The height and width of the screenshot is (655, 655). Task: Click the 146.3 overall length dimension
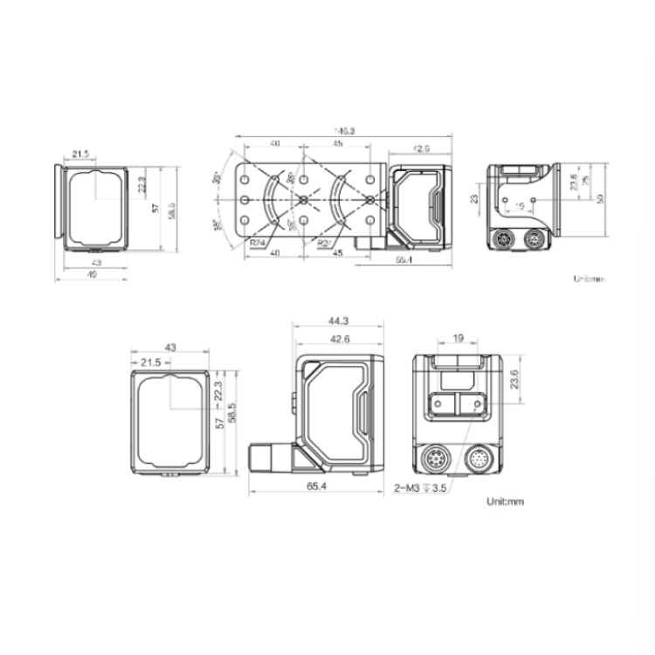344,131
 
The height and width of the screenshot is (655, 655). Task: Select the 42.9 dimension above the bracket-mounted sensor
420,149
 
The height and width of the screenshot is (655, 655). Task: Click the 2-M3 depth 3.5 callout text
420,490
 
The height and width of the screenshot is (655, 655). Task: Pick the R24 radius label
258,243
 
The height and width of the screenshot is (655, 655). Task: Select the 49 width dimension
92,275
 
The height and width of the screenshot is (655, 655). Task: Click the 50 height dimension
601,198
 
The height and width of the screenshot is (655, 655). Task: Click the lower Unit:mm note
506,502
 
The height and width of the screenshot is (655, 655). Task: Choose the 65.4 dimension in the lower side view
316,487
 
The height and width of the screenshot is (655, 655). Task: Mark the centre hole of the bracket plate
303,199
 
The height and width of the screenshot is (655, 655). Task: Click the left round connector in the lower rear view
437,458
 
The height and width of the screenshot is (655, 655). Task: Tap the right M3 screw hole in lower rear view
476,403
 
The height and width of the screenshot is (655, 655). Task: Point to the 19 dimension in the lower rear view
458,338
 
